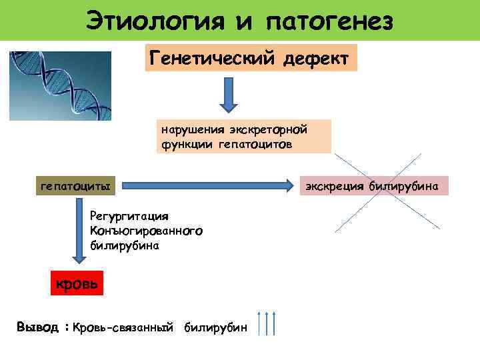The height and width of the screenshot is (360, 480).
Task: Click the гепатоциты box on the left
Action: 75,185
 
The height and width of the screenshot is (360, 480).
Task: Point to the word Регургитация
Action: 130,216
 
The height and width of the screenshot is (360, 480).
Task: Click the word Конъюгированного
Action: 146,231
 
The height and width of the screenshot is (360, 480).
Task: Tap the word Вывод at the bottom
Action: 38,327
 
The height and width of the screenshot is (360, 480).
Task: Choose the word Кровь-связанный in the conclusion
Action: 123,327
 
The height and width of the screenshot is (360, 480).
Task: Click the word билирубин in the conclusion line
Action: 215,327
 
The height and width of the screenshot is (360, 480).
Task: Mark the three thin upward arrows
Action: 266,323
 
